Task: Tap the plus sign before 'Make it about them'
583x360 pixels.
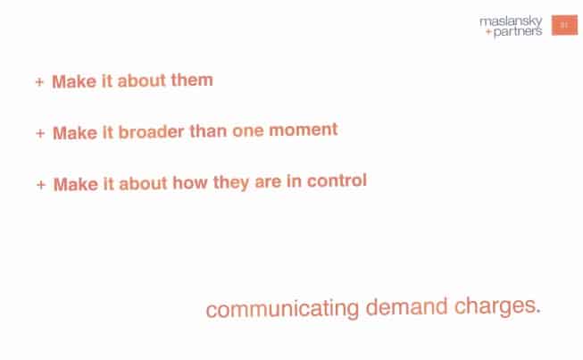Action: click(40, 82)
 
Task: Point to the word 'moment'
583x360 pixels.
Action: click(304, 130)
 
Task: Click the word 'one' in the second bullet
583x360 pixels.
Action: click(247, 131)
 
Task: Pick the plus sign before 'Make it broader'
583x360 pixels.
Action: click(40, 133)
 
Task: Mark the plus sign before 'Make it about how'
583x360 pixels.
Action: click(41, 184)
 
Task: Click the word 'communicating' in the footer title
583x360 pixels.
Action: click(283, 309)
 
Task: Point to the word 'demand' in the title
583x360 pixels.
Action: click(406, 306)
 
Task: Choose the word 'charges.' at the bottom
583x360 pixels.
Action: click(497, 306)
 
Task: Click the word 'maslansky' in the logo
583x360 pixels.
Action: click(511, 22)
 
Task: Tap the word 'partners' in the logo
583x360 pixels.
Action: click(518, 32)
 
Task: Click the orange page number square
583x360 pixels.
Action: click(564, 25)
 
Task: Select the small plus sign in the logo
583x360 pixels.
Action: click(488, 32)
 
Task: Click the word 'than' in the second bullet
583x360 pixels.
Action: click(208, 131)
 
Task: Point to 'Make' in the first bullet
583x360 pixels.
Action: click(74, 81)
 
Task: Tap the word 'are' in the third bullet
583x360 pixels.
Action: click(268, 182)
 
